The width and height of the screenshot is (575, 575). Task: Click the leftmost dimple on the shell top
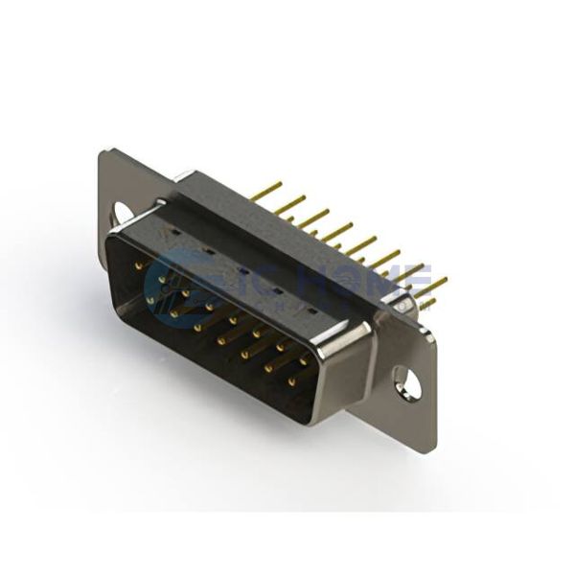coord(175,233)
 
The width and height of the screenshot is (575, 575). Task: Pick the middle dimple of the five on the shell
coord(242,271)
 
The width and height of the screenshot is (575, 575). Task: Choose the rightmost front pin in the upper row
coord(305,359)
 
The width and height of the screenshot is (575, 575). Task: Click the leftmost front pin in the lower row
coord(150,299)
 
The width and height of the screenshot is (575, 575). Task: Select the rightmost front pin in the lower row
coord(292,380)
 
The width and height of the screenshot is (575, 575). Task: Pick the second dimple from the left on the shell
coord(208,251)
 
